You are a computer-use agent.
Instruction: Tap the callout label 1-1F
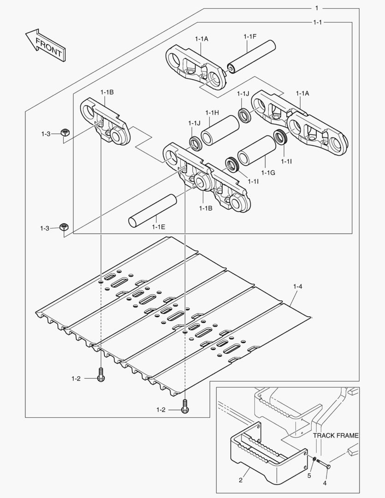249,36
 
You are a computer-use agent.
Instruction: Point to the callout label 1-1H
212,113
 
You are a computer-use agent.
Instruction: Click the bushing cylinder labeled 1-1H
219,130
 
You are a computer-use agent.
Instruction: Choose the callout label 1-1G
267,172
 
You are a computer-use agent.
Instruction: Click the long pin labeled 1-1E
153,210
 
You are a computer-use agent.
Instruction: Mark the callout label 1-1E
159,226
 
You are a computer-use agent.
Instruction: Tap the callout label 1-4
298,287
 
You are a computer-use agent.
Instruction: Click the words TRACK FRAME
336,435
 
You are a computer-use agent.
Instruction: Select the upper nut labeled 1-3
65,133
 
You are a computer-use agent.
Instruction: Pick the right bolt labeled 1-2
185,407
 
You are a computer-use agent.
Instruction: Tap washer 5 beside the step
314,460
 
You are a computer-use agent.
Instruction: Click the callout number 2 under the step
241,480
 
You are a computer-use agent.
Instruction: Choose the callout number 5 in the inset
309,475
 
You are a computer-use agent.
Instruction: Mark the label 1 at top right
317,8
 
